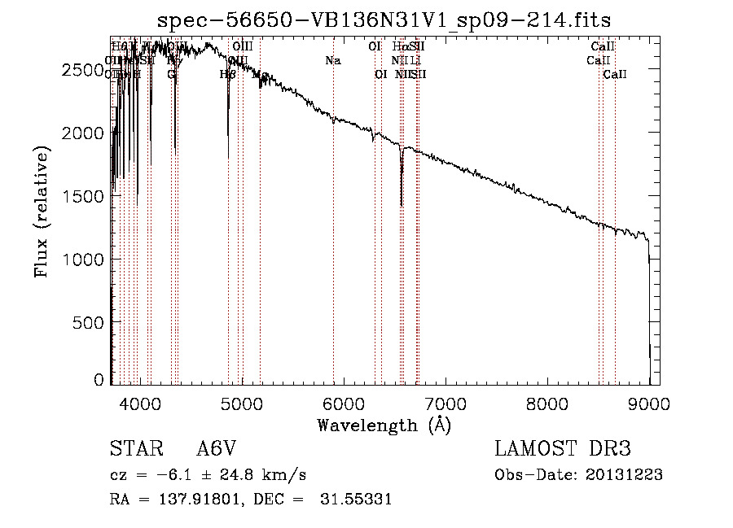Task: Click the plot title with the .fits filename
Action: (384, 20)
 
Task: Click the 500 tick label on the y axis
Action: (87, 322)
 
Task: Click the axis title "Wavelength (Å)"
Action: (384, 425)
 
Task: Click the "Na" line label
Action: (332, 60)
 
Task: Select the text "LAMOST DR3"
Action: (563, 449)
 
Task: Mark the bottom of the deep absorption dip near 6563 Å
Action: (402, 205)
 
